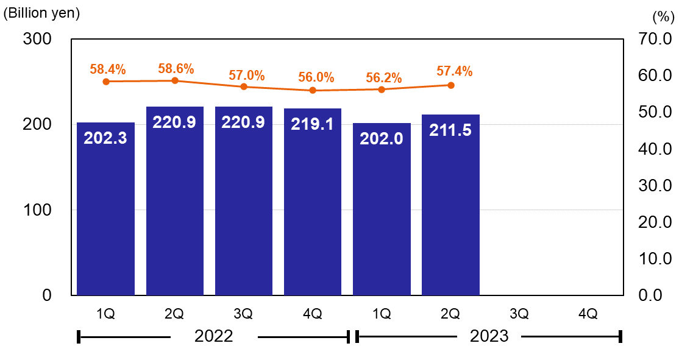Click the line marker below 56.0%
(x=313, y=90)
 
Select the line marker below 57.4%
(x=451, y=85)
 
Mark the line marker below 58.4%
(x=106, y=82)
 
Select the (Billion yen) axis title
(x=41, y=13)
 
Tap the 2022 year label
(x=214, y=336)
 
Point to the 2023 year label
(x=489, y=336)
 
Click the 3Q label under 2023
(x=519, y=314)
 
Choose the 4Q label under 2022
(x=312, y=314)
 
